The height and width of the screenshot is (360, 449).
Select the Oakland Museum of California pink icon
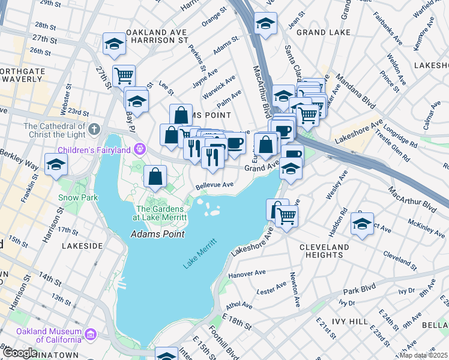[90, 333]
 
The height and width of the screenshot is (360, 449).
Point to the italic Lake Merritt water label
[199, 253]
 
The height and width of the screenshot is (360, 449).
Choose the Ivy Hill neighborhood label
[351, 322]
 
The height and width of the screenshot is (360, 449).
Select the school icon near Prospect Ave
[362, 224]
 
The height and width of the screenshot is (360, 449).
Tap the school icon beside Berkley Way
[56, 164]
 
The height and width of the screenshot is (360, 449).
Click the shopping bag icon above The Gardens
[155, 176]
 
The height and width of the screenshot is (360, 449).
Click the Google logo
[20, 353]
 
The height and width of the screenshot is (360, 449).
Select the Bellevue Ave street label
[214, 185]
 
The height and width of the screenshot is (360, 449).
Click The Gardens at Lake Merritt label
[160, 213]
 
